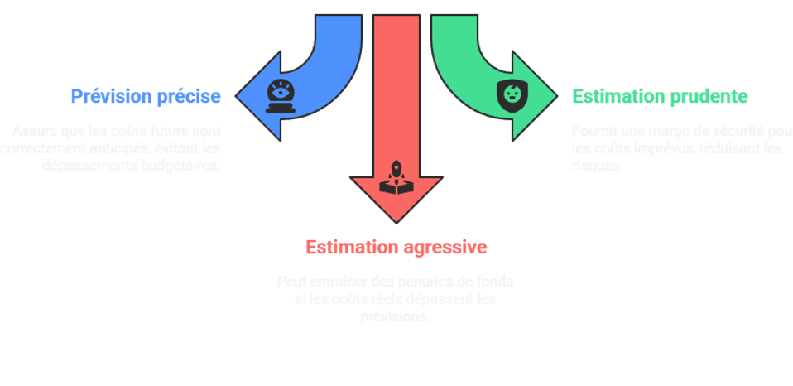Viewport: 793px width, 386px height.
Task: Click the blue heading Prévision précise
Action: (x=146, y=97)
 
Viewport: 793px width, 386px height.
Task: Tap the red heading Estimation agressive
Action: (x=396, y=247)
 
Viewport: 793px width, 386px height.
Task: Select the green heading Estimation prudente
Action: (x=660, y=97)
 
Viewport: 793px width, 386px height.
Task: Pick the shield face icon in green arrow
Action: (x=510, y=93)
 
